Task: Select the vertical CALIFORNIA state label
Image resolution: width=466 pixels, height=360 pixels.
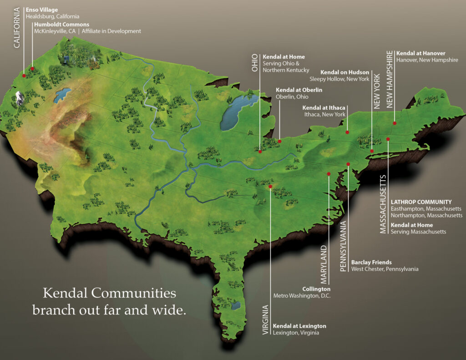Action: coord(17,28)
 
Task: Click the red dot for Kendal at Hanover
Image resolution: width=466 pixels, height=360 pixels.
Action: coord(395,123)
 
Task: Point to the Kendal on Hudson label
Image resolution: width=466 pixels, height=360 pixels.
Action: coord(344,72)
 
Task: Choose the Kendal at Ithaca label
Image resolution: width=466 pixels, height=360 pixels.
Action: coord(324,107)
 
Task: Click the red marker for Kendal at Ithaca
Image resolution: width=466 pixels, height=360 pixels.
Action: coord(347,132)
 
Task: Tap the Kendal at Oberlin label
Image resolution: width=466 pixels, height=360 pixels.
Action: coord(299,90)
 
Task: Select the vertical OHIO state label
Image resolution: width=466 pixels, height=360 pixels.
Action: coord(255,63)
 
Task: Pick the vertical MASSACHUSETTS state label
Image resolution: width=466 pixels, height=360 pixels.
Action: coord(383,204)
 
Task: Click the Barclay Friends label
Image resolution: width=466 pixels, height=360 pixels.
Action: coord(371,263)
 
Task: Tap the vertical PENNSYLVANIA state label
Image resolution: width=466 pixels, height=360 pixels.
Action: coord(344,246)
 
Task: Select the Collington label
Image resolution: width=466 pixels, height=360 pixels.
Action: coord(316,289)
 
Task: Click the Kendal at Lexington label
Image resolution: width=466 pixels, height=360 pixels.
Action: coord(299,326)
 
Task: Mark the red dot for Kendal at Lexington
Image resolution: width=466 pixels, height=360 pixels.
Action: coord(270,186)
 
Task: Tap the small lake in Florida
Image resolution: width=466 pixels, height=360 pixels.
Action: coord(236,305)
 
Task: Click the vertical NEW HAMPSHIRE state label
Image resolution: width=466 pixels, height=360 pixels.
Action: coord(390,80)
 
